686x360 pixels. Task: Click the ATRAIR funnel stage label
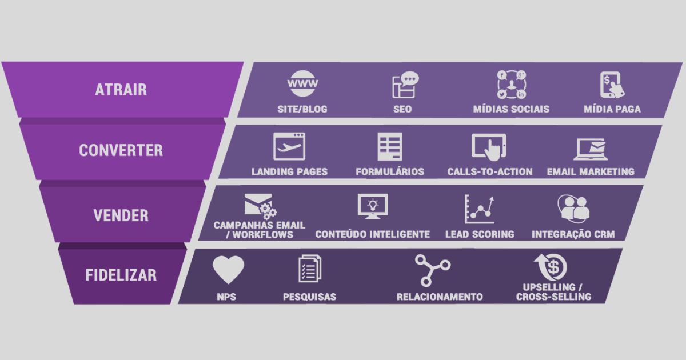pos(121,89)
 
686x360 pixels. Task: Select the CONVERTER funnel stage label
pos(121,150)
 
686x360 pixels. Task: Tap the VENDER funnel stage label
pos(121,215)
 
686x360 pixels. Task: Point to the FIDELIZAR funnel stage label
pos(121,275)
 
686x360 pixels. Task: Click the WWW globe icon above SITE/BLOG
pos(302,83)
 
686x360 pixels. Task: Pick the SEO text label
pos(402,109)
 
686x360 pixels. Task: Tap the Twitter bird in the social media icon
pos(502,94)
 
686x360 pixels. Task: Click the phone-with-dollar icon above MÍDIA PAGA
pos(612,85)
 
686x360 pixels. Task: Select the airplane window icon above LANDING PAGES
pos(289,146)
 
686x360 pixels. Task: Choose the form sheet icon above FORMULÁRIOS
pos(390,147)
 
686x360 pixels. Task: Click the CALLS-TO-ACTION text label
pos(490,172)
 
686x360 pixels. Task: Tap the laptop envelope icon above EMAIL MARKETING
pos(591,149)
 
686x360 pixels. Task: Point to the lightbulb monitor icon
pos(373,206)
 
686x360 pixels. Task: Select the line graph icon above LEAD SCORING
pos(480,209)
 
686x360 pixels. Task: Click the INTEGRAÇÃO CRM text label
pos(573,234)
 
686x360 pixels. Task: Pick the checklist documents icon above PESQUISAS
pos(310,269)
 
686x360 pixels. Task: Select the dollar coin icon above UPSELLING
pos(551,267)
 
